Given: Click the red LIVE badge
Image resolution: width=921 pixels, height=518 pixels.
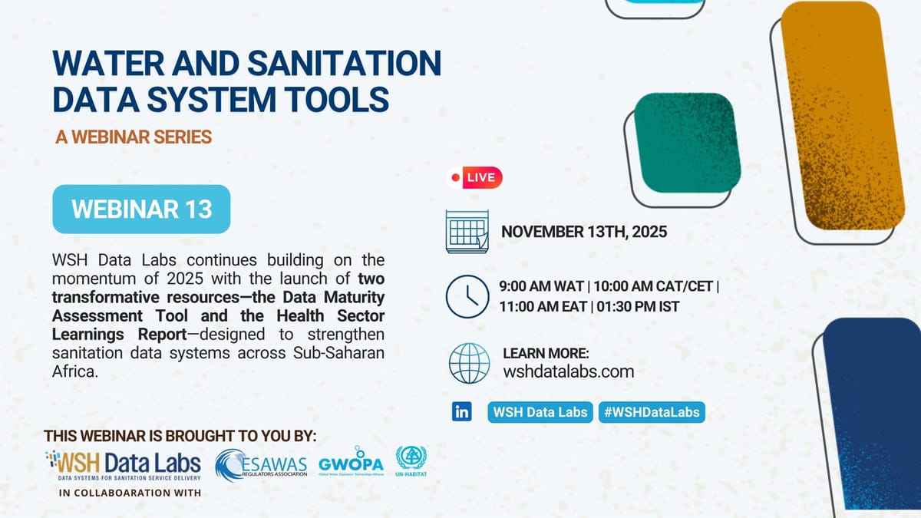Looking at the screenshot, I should coord(474,177).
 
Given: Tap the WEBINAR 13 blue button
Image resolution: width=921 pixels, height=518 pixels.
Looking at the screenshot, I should coord(141,209).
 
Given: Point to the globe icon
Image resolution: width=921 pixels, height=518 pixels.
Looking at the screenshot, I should coord(468,363).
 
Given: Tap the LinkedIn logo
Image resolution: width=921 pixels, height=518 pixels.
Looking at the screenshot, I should coord(462,412).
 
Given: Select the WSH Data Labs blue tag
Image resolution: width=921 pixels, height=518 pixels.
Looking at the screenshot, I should coord(540,412).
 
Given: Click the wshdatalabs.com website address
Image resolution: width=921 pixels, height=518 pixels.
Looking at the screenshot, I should coord(569,371).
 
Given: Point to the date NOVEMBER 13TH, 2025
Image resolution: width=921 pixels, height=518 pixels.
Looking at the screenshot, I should coord(584,231).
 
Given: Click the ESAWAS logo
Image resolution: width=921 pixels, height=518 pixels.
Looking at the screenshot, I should coord(261,464).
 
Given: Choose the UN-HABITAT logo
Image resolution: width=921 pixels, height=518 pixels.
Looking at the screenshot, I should coord(411,463).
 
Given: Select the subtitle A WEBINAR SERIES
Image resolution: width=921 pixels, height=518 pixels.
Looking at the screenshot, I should coord(134,137).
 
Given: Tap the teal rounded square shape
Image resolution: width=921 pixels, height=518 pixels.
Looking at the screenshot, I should coord(685,143).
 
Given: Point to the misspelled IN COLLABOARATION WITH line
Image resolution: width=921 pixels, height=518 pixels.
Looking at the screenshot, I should coord(130,493).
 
